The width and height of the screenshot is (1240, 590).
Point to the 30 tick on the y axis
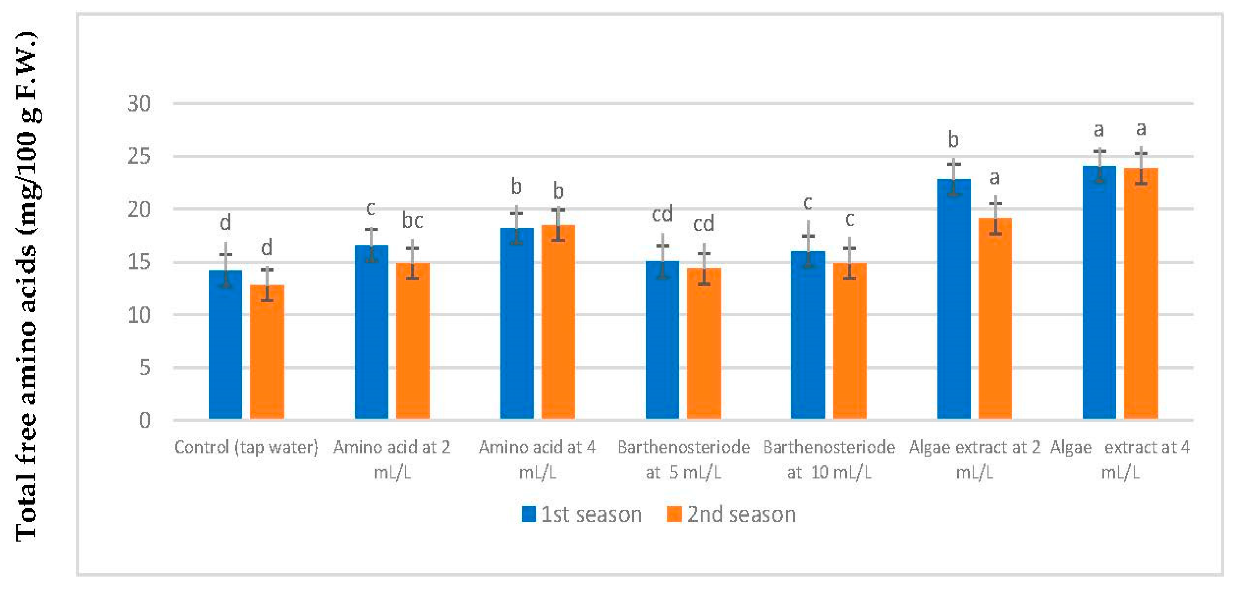click(x=139, y=104)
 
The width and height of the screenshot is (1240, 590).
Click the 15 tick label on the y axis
click(x=139, y=262)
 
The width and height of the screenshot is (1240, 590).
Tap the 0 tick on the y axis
click(x=145, y=421)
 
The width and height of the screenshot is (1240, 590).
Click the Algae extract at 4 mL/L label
click(x=1120, y=460)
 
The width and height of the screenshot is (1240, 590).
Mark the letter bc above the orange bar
click(x=413, y=221)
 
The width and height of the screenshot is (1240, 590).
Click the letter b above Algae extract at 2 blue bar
click(x=953, y=140)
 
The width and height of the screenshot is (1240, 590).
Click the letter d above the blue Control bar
click(x=225, y=223)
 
